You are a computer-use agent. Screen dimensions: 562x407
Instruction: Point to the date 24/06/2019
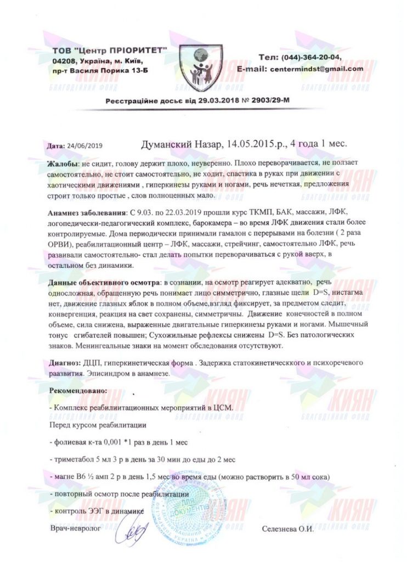84,147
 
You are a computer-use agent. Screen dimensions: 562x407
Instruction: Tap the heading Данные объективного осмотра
103,282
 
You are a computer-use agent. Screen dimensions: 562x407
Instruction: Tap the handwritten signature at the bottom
135,531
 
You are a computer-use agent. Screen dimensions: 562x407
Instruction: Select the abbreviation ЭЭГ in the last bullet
95,511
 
